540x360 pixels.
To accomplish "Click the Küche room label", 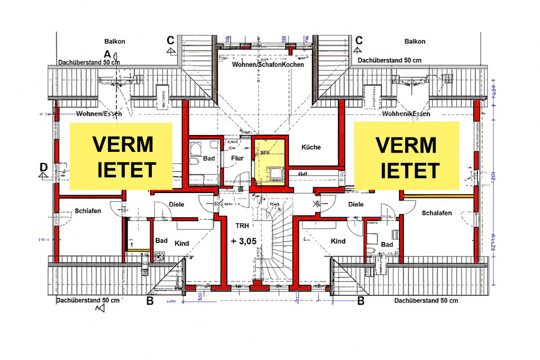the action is click(x=310, y=147).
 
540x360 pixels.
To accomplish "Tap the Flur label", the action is click(x=237, y=158).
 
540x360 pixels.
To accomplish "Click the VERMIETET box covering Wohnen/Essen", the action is click(x=120, y=156).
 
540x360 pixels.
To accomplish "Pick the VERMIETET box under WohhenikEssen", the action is click(x=407, y=156).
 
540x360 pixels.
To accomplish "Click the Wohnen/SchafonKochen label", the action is click(x=268, y=65).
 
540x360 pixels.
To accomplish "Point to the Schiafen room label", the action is click(x=88, y=211).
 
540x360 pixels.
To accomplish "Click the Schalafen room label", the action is click(x=437, y=213).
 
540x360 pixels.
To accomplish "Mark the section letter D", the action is click(x=43, y=167).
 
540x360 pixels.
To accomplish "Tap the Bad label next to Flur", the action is click(x=209, y=159).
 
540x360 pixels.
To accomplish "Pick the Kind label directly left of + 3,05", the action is click(x=182, y=244).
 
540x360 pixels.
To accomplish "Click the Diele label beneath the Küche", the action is click(x=355, y=205).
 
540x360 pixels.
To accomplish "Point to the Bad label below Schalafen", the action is click(x=386, y=245).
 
